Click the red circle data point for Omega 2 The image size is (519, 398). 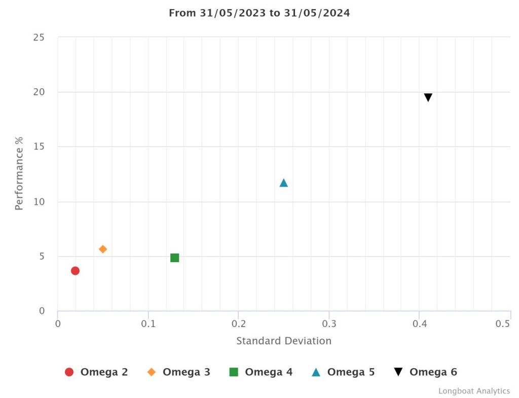tap(75, 271)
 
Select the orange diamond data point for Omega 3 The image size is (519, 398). tap(103, 249)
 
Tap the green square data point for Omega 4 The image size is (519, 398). tap(175, 258)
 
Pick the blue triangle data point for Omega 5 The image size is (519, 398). tap(284, 183)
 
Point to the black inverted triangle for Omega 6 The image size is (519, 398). tap(428, 98)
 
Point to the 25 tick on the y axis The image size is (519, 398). tap(39, 38)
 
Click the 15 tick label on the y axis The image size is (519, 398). tap(39, 147)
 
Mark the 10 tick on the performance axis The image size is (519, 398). tap(39, 202)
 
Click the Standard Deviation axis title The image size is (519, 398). tap(284, 341)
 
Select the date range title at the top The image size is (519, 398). tap(259, 13)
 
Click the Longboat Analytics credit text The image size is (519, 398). tap(474, 391)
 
